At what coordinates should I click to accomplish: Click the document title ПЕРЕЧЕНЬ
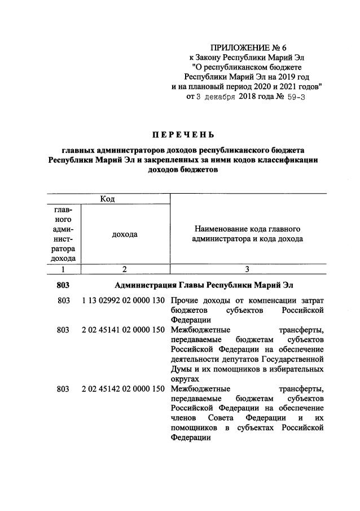pyautogui.click(x=182, y=134)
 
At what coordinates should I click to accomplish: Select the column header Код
pyautogui.click(x=107, y=198)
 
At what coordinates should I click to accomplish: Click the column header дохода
pyautogui.click(x=125, y=234)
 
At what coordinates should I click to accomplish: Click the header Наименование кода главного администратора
pyautogui.click(x=248, y=234)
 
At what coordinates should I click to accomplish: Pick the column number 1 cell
pyautogui.click(x=63, y=269)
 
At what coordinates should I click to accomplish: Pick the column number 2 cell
pyautogui.click(x=125, y=269)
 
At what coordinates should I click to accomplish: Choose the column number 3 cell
pyautogui.click(x=247, y=269)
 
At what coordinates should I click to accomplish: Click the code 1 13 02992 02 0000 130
pyautogui.click(x=123, y=301)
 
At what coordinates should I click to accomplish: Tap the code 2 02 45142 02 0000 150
pyautogui.click(x=123, y=389)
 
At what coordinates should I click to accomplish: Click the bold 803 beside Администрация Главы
pyautogui.click(x=63, y=285)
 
